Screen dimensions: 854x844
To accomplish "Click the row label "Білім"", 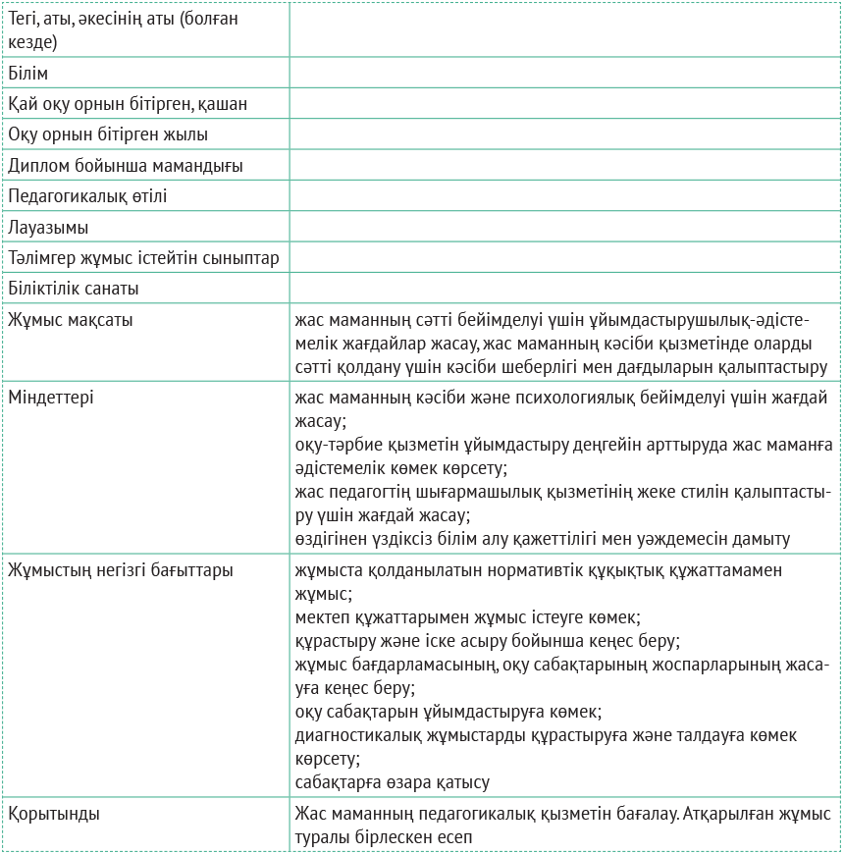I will click(x=28, y=74).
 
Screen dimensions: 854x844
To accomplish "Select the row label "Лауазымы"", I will click(x=49, y=228).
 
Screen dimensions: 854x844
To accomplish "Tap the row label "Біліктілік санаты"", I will click(x=74, y=289).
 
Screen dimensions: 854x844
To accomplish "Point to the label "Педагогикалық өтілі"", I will click(x=88, y=196).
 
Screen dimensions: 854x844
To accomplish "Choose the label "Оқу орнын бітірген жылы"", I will click(x=108, y=134).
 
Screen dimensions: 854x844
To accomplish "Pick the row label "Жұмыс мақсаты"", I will click(x=72, y=320).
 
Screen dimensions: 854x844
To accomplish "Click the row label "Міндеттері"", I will click(x=51, y=398).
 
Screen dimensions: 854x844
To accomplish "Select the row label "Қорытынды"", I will click(x=54, y=814).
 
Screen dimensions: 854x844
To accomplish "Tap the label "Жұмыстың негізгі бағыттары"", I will click(x=121, y=569).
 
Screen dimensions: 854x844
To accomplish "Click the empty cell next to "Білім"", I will click(x=564, y=74).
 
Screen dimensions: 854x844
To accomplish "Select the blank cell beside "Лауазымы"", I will click(x=564, y=228).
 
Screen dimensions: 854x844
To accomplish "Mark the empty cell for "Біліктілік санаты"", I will click(x=564, y=289).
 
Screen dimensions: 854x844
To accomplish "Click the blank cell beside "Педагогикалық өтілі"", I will click(x=564, y=196).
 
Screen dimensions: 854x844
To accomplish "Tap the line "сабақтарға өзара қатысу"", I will click(x=392, y=782).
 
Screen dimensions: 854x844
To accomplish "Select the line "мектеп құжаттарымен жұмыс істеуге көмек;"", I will click(x=467, y=617).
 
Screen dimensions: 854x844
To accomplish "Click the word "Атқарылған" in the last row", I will click(x=724, y=814).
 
